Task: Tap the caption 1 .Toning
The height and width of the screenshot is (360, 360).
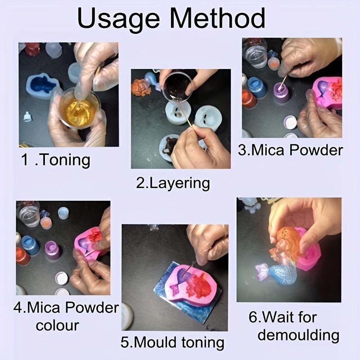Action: click(x=56, y=160)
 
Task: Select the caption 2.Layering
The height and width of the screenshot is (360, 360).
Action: click(x=173, y=183)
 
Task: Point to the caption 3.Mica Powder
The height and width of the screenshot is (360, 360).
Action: click(x=290, y=150)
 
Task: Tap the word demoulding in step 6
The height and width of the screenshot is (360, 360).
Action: click(x=298, y=335)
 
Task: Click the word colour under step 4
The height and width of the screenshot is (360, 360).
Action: click(x=57, y=325)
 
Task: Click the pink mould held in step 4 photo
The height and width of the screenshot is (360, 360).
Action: click(x=90, y=243)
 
